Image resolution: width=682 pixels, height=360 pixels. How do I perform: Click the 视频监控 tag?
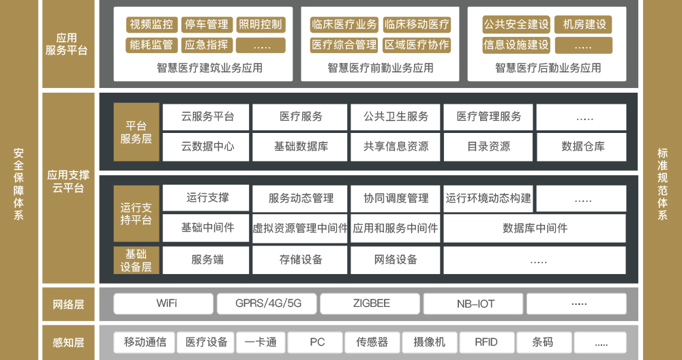pyautogui.click(x=152, y=25)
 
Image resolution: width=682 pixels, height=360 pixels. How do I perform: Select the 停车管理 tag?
pyautogui.click(x=207, y=25)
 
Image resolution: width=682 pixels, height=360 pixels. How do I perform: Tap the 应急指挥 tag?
pyautogui.click(x=207, y=45)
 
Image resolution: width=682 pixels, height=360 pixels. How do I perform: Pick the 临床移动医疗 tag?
pyautogui.click(x=417, y=25)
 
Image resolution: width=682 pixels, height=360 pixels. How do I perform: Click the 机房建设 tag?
pyautogui.click(x=584, y=25)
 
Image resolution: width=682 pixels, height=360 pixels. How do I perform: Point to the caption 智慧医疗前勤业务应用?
pyautogui.click(x=381, y=67)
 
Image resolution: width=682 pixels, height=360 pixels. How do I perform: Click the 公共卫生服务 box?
pyautogui.click(x=396, y=117)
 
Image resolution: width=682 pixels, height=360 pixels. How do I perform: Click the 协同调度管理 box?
pyautogui.click(x=396, y=198)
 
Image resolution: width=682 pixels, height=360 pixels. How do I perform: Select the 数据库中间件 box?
pyautogui.click(x=535, y=228)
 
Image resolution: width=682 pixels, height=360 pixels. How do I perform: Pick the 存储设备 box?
pyautogui.click(x=300, y=260)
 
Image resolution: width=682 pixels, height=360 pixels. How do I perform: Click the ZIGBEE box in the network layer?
pyautogui.click(x=370, y=303)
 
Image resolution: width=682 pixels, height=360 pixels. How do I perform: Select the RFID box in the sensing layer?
pyautogui.click(x=487, y=342)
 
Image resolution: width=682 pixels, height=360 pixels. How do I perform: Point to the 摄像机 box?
pyautogui.click(x=430, y=342)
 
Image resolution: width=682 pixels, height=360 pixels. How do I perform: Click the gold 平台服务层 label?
pyautogui.click(x=136, y=132)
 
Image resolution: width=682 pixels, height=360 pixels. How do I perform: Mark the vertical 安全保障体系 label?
pyautogui.click(x=18, y=184)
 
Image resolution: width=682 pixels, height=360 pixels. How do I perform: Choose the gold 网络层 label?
pyautogui.click(x=68, y=304)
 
